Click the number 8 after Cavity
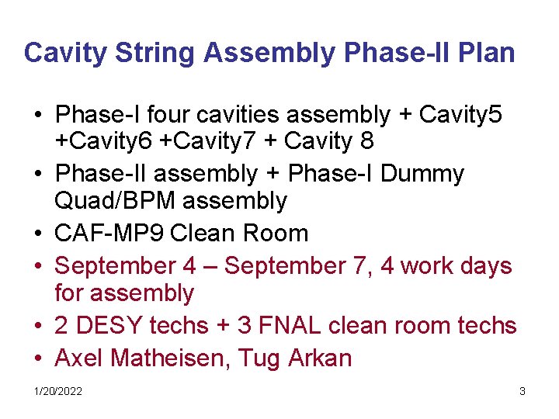point(367,141)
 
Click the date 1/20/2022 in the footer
point(57,391)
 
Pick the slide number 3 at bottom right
point(523,391)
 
